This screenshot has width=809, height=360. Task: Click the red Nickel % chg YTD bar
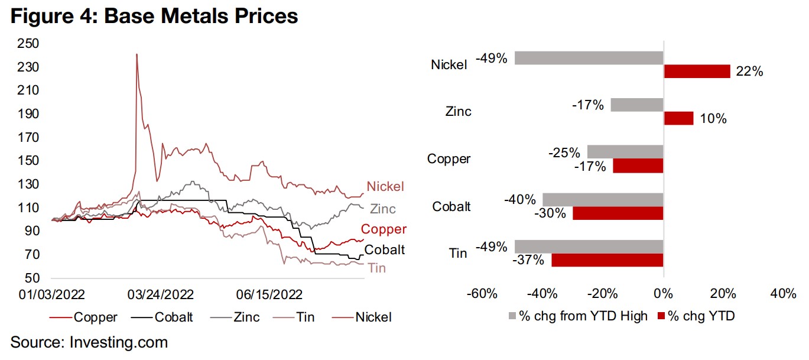pos(697,72)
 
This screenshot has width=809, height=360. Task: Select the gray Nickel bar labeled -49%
pos(589,58)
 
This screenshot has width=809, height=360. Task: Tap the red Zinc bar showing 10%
pos(678,118)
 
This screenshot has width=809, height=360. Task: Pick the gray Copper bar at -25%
pos(625,152)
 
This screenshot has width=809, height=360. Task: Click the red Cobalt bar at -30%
pos(618,213)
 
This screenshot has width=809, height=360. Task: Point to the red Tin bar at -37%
pos(607,260)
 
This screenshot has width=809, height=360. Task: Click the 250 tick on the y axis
pos(29,43)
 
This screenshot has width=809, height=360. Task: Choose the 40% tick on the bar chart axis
pos(782,294)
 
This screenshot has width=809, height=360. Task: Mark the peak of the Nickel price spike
pos(137,54)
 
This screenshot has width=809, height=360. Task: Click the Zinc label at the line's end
pos(383,209)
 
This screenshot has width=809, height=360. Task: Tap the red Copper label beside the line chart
pos(384,229)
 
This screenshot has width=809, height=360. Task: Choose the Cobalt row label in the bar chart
pos(451,206)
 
